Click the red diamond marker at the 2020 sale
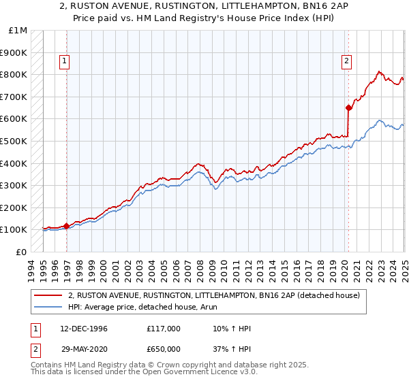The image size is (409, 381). coord(348,107)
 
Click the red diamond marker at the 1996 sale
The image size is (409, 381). coord(66,226)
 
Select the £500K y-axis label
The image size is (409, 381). coord(14,141)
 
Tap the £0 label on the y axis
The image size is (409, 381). coord(22,252)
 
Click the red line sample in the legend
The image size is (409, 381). coord(49,295)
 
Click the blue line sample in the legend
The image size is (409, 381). coord(49,307)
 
